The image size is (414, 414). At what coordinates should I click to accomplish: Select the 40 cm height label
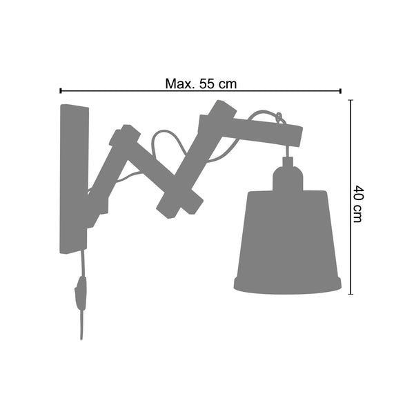[358, 204]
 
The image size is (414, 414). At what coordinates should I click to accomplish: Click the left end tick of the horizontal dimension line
[61, 91]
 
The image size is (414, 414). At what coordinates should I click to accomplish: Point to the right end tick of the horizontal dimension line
[341, 91]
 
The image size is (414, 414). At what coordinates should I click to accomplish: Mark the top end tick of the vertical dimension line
[351, 100]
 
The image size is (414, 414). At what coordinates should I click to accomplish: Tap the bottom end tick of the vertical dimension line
[351, 294]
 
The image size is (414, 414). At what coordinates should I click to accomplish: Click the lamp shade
[287, 241]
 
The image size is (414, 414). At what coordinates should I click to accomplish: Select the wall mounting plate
[74, 179]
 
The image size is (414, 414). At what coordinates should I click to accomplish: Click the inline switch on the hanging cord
[81, 293]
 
